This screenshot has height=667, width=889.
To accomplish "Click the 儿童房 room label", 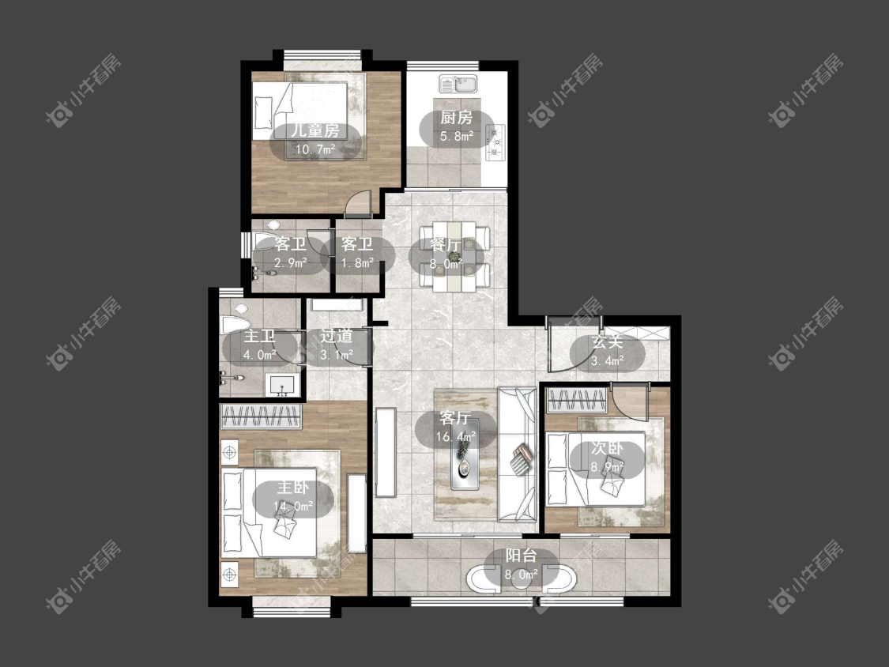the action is click(x=316, y=130).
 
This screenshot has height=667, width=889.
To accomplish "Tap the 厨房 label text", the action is click(x=457, y=118).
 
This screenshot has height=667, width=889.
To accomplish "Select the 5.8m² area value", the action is click(x=457, y=136).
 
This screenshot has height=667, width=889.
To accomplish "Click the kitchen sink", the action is click(x=458, y=85).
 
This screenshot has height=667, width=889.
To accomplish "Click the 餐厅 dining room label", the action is click(x=446, y=245).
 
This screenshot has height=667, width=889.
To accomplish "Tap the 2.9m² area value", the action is click(x=291, y=263).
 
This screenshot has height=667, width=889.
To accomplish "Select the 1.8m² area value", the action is click(x=357, y=263).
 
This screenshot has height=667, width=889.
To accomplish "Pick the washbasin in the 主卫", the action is click(x=283, y=385).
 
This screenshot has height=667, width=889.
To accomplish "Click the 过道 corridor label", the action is click(x=337, y=337).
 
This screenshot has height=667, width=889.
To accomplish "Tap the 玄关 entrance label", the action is click(x=607, y=341).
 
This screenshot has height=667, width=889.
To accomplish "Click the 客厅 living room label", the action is click(x=455, y=418).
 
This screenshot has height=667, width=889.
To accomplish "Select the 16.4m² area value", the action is click(x=456, y=437).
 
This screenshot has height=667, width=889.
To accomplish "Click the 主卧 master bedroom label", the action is click(x=292, y=487).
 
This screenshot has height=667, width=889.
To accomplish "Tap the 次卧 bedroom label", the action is click(x=607, y=448).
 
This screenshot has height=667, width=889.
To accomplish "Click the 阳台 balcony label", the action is click(x=521, y=556).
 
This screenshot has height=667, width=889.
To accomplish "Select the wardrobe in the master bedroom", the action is click(x=261, y=417).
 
